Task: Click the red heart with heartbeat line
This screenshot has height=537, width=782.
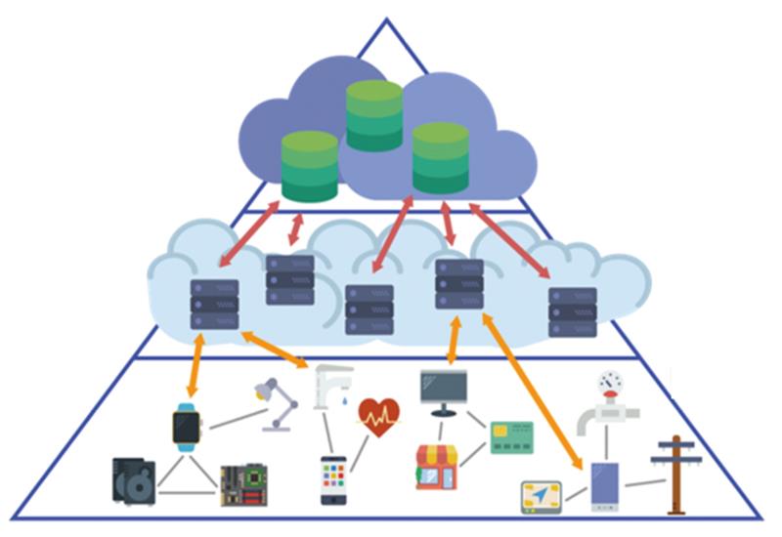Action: [378, 418]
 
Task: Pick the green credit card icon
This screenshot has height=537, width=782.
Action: [511, 438]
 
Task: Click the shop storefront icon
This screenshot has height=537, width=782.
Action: [437, 467]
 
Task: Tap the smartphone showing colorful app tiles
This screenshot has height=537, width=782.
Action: [333, 479]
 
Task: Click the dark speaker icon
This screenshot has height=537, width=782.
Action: [134, 481]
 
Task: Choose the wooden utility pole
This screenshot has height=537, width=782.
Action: [673, 473]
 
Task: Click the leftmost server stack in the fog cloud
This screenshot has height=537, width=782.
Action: [214, 304]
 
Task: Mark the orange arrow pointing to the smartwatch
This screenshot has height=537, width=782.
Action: [195, 364]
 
